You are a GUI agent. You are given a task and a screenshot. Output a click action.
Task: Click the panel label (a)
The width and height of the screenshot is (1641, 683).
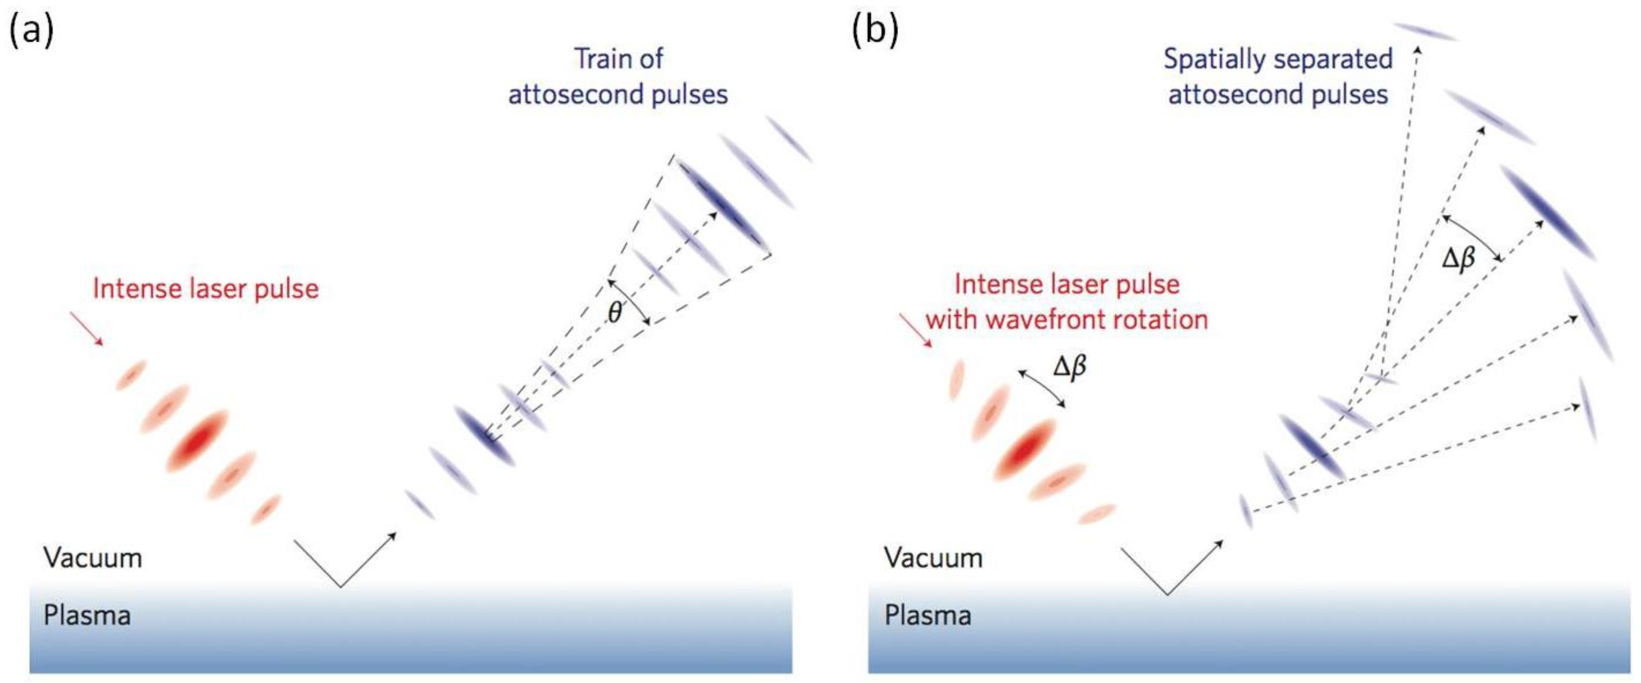31,31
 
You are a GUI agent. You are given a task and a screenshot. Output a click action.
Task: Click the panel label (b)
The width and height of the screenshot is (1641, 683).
875,31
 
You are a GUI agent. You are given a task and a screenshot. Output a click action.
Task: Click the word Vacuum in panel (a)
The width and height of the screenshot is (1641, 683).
92,558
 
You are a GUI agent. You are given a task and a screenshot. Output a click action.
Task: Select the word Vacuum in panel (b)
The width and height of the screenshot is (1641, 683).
933,558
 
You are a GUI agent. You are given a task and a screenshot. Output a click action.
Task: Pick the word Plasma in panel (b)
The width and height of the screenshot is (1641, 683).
928,615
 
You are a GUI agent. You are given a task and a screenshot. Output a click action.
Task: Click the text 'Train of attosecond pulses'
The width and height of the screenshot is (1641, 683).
618,76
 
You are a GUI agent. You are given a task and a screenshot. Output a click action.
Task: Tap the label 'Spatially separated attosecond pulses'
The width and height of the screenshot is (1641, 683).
1278,76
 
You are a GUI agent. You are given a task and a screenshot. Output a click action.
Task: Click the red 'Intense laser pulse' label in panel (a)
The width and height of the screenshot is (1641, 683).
205,289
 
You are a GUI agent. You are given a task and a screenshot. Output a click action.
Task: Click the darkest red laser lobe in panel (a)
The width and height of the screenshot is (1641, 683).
198,440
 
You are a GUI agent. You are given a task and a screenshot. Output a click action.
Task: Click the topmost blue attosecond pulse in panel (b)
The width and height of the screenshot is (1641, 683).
1424,31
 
